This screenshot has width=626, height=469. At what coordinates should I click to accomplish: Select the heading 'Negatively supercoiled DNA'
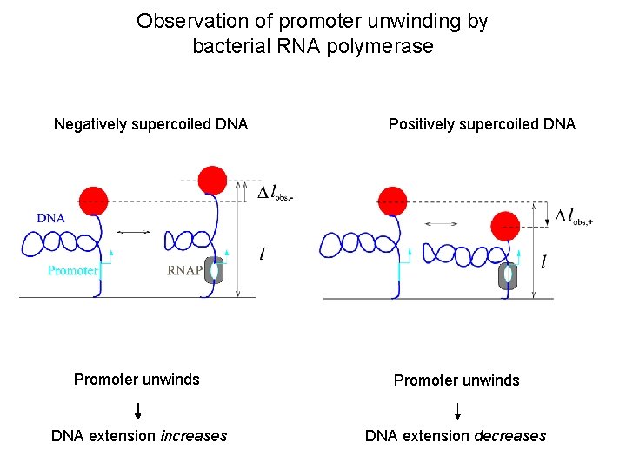(150, 124)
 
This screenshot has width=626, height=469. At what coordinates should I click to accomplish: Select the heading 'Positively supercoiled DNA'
(482, 124)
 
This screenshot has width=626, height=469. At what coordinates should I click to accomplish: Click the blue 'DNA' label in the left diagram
(51, 218)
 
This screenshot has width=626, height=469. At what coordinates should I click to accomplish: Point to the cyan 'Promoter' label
(72, 271)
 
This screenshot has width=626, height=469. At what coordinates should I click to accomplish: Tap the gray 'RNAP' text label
(184, 270)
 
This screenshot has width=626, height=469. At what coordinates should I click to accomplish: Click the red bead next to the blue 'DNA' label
(94, 201)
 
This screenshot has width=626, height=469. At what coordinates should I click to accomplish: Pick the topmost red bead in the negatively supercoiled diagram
(212, 180)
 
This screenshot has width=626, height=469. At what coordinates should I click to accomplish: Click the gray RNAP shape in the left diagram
(214, 270)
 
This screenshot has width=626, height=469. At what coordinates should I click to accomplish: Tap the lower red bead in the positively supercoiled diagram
(505, 228)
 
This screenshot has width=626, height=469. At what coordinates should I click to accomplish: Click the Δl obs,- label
(276, 192)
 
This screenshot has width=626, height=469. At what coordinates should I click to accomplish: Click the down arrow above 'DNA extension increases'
(137, 410)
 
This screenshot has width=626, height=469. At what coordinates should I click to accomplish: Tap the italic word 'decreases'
(510, 436)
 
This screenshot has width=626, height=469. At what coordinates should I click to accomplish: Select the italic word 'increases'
(194, 436)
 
